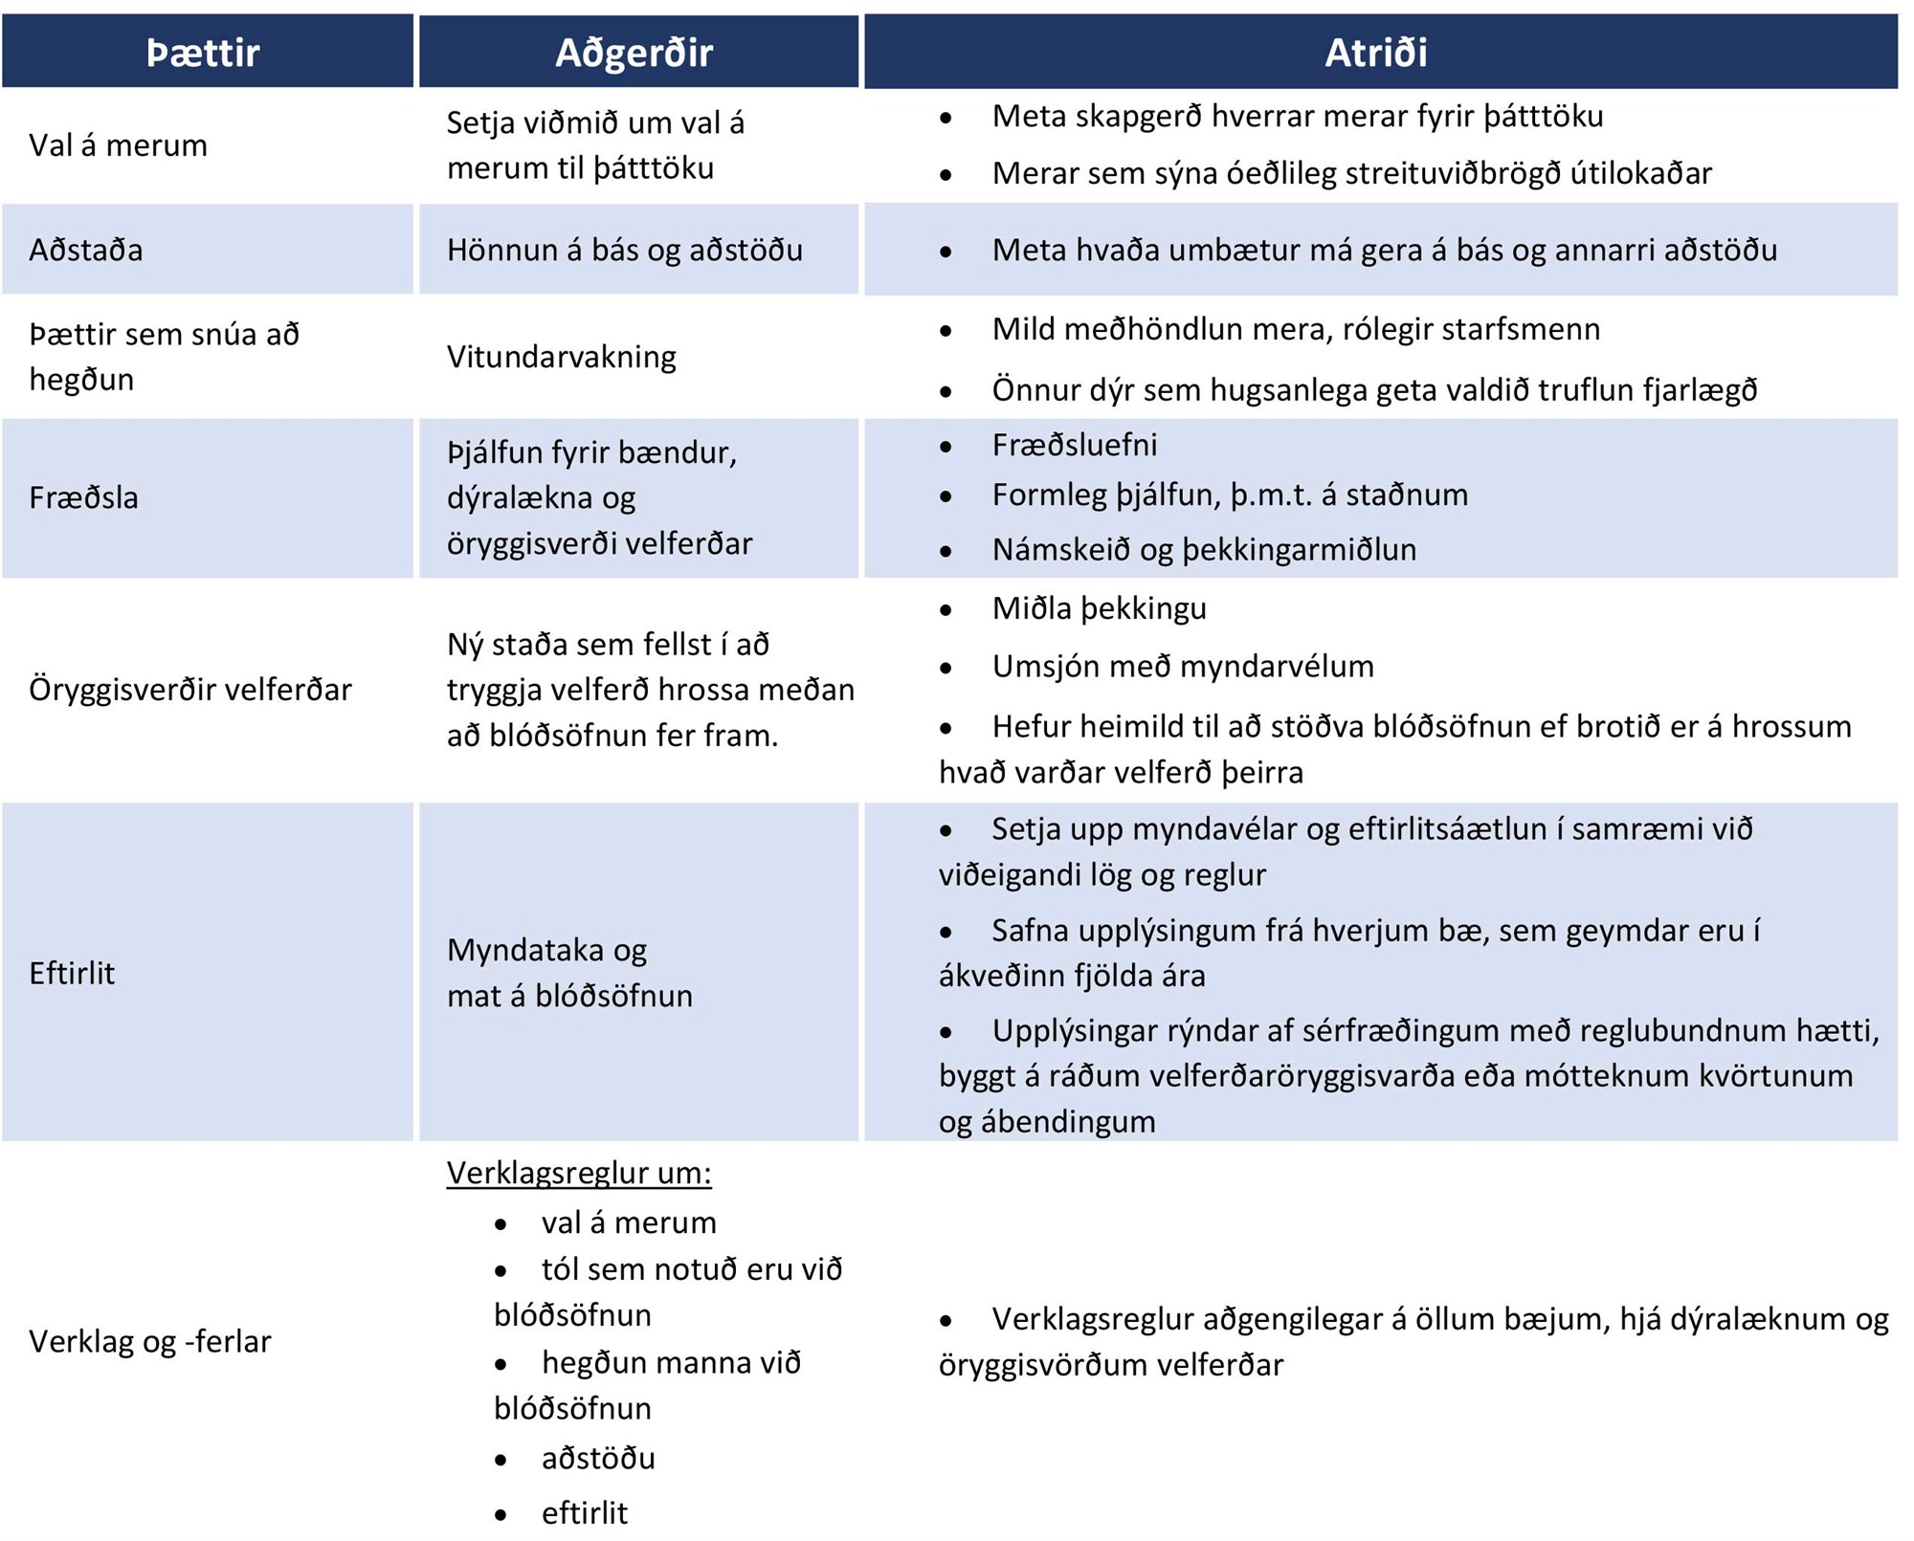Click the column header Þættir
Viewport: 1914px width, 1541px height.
coord(203,53)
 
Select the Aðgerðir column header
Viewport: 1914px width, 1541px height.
coord(634,53)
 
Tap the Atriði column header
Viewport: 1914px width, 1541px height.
coord(1375,53)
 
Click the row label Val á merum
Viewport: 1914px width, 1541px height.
coord(118,145)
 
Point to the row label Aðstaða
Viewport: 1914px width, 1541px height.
coord(86,250)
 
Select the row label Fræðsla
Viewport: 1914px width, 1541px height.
coord(84,497)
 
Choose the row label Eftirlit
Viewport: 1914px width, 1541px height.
coord(72,973)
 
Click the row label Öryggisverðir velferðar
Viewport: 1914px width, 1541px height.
coord(190,689)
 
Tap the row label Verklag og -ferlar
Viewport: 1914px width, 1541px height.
coord(150,1341)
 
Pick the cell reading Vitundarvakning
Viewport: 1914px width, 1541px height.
coord(562,357)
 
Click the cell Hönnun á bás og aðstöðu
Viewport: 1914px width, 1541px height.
coord(625,250)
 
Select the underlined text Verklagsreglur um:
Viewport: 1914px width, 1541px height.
coord(579,1173)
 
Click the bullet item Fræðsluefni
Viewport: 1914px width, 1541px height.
coord(1075,445)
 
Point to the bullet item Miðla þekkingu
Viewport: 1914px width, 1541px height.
coord(1100,608)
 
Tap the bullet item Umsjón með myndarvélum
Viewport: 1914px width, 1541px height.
coord(1183,666)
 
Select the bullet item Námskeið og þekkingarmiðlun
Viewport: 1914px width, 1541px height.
coord(1204,550)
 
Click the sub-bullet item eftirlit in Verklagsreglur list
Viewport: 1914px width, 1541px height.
coord(585,1513)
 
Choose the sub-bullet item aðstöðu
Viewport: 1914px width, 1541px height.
coord(598,1458)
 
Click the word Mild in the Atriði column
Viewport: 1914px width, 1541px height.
coord(1023,329)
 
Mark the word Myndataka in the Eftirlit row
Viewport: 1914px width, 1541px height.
coord(526,950)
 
